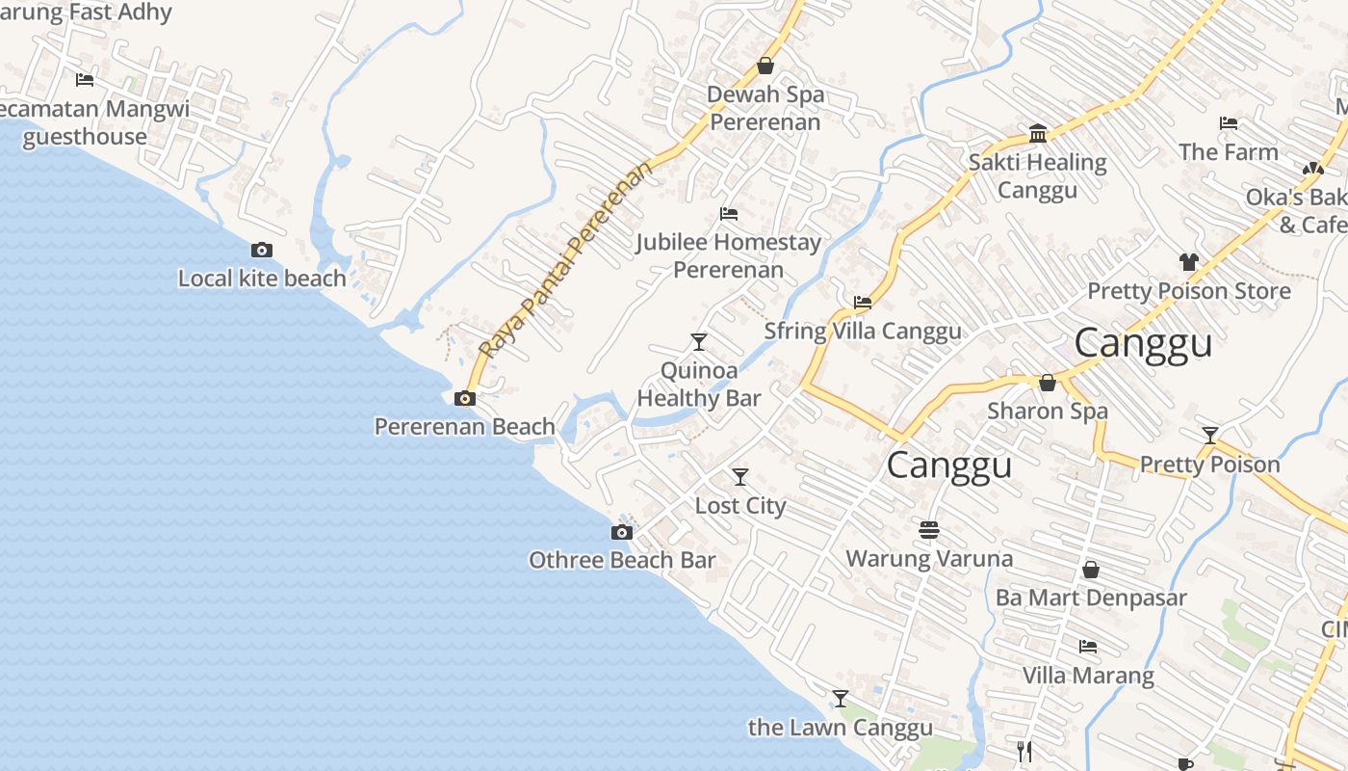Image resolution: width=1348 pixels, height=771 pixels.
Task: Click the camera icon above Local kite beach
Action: pos(261,251)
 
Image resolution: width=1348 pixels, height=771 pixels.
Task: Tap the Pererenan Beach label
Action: pos(465,426)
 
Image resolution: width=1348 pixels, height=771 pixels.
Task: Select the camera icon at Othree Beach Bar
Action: pos(622,532)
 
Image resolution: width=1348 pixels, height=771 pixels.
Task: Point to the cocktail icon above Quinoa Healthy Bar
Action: pos(699,342)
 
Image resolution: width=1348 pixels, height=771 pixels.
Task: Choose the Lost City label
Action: pos(740,506)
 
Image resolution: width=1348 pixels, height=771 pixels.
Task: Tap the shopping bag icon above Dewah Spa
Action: pos(765,66)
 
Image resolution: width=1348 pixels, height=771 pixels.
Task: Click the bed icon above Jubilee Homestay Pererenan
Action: pos(729,213)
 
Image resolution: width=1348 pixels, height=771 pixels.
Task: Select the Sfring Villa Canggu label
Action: pos(862,332)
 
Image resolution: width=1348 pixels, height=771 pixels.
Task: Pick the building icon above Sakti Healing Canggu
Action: pos(1038,133)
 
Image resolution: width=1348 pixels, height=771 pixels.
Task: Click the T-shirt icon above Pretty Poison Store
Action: pos(1188,262)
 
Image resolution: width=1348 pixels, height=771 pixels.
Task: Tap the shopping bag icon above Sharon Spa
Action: pos(1048,383)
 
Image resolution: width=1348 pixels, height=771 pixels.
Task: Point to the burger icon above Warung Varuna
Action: pos(929,530)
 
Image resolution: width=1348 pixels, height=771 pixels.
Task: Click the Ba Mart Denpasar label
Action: pos(1091,598)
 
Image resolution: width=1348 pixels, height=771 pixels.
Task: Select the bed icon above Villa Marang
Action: pos(1088,647)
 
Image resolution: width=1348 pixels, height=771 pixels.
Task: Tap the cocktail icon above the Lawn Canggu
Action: pos(841,699)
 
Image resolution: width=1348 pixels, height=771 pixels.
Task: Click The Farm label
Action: pos(1229,152)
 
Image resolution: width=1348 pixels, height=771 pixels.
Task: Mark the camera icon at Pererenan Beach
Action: pos(465,399)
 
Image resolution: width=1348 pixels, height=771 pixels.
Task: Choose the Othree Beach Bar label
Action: pos(622,560)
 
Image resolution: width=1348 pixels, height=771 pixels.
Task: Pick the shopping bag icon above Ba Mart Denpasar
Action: pos(1091,570)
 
